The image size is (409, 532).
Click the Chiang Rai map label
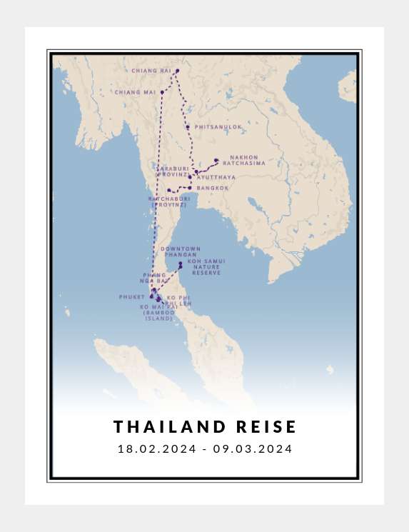(x=151, y=71)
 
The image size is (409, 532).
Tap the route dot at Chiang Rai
(x=177, y=71)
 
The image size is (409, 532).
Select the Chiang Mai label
(x=135, y=92)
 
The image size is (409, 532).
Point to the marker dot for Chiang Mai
(x=162, y=92)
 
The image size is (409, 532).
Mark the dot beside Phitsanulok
(x=188, y=127)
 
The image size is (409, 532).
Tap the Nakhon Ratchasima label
(x=247, y=160)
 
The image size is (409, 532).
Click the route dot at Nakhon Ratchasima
(x=216, y=160)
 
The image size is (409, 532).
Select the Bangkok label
(x=213, y=188)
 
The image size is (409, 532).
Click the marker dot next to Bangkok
(x=190, y=188)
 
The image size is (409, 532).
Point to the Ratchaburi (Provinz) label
(x=169, y=201)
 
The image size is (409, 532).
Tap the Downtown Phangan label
(x=181, y=251)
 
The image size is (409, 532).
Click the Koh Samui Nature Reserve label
(x=206, y=267)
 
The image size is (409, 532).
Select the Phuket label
(x=132, y=296)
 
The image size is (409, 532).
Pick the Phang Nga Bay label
(x=155, y=278)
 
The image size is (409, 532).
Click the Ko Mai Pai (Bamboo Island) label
(x=158, y=313)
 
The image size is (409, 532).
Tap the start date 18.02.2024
(x=157, y=449)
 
